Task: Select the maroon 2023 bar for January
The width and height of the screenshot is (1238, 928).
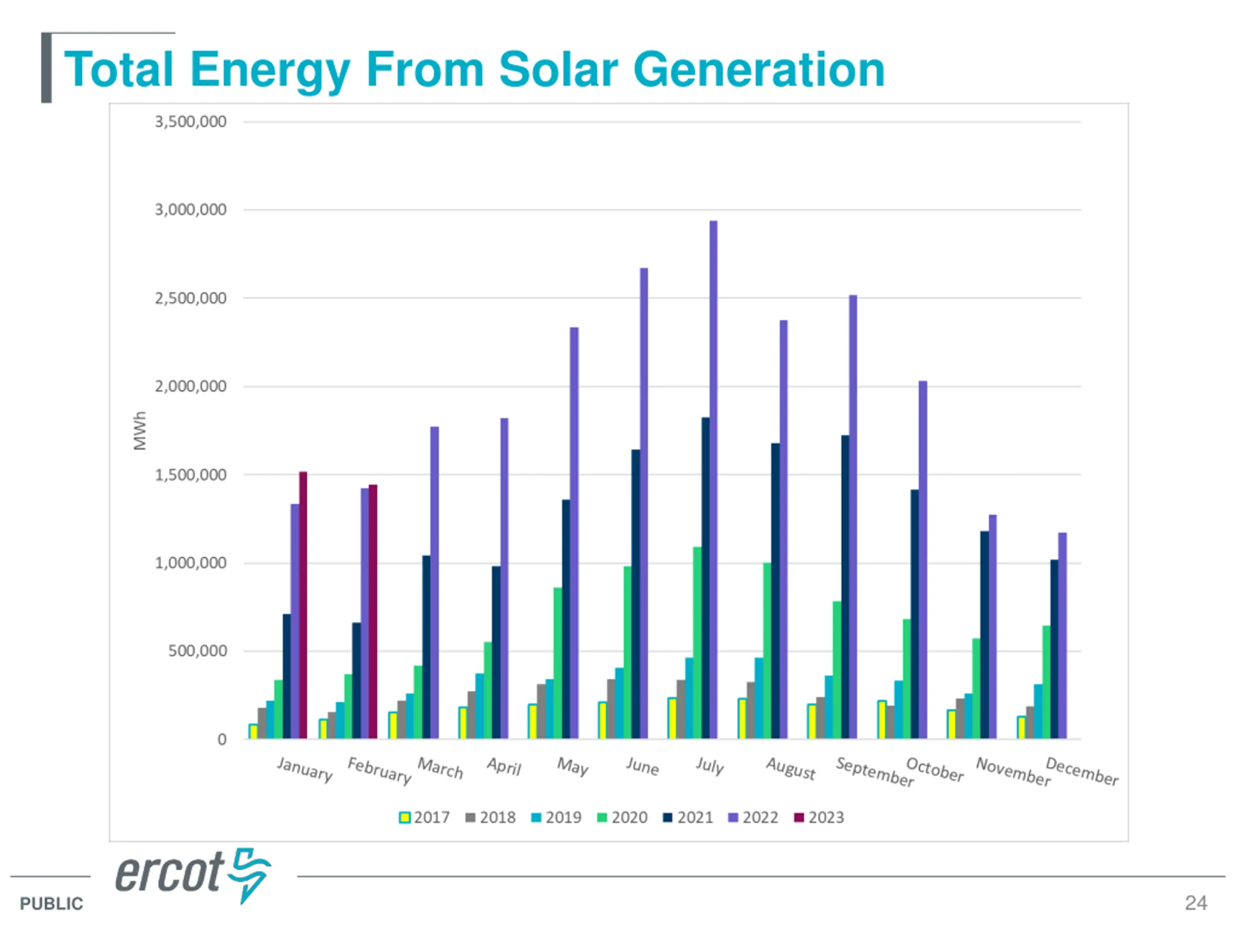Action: click(303, 605)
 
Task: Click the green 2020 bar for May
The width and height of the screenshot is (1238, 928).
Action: click(558, 663)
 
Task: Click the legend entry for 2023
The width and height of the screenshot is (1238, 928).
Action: click(819, 817)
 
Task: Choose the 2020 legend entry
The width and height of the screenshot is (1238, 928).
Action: click(622, 817)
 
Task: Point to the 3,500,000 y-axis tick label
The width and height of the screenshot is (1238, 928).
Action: click(191, 122)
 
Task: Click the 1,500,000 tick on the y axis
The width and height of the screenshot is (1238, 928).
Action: click(191, 475)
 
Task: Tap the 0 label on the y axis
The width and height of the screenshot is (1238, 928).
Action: click(222, 739)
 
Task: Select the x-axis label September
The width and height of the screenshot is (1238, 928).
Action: click(874, 771)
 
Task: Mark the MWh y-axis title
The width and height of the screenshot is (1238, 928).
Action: click(140, 431)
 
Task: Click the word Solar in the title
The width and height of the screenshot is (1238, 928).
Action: click(558, 70)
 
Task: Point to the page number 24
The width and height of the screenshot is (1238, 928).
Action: click(1195, 903)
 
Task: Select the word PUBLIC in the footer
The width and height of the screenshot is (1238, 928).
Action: click(51, 903)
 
